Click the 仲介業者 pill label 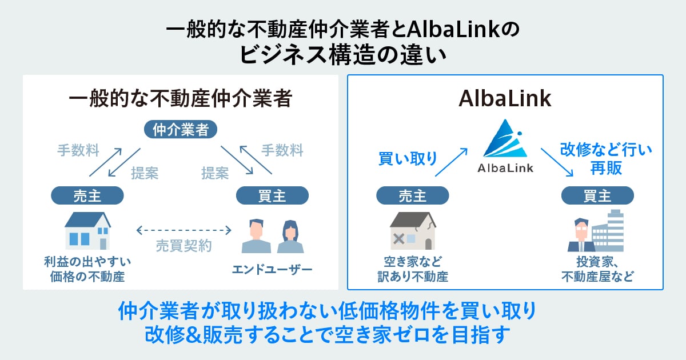[181, 130]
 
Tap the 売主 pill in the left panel [87, 196]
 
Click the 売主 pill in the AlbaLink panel [412, 196]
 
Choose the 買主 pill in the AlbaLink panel [597, 196]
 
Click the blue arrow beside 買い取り [452, 162]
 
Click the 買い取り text [408, 158]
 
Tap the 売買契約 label [184, 246]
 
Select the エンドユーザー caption [272, 269]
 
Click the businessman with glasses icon [581, 235]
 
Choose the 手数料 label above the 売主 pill [78, 151]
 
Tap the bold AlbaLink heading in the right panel [505, 99]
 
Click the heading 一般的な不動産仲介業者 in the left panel [180, 99]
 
